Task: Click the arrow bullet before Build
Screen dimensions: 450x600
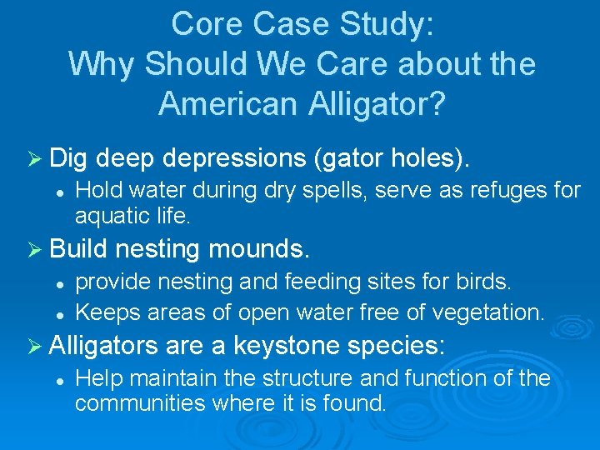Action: [34, 248]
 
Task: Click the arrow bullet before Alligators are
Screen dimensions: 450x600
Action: [34, 344]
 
